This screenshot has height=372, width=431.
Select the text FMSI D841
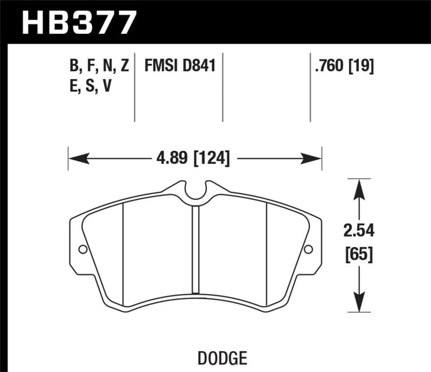point(179,66)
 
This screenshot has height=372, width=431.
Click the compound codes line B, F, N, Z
point(99,66)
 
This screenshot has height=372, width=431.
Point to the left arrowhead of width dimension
point(75,158)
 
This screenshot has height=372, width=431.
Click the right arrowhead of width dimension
point(314,158)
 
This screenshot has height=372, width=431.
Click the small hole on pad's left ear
point(82,249)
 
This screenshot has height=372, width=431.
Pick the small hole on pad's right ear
point(308,249)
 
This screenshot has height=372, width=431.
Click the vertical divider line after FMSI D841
point(224,86)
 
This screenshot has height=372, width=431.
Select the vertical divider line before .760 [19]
point(310,86)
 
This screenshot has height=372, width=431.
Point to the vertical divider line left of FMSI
point(135,86)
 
